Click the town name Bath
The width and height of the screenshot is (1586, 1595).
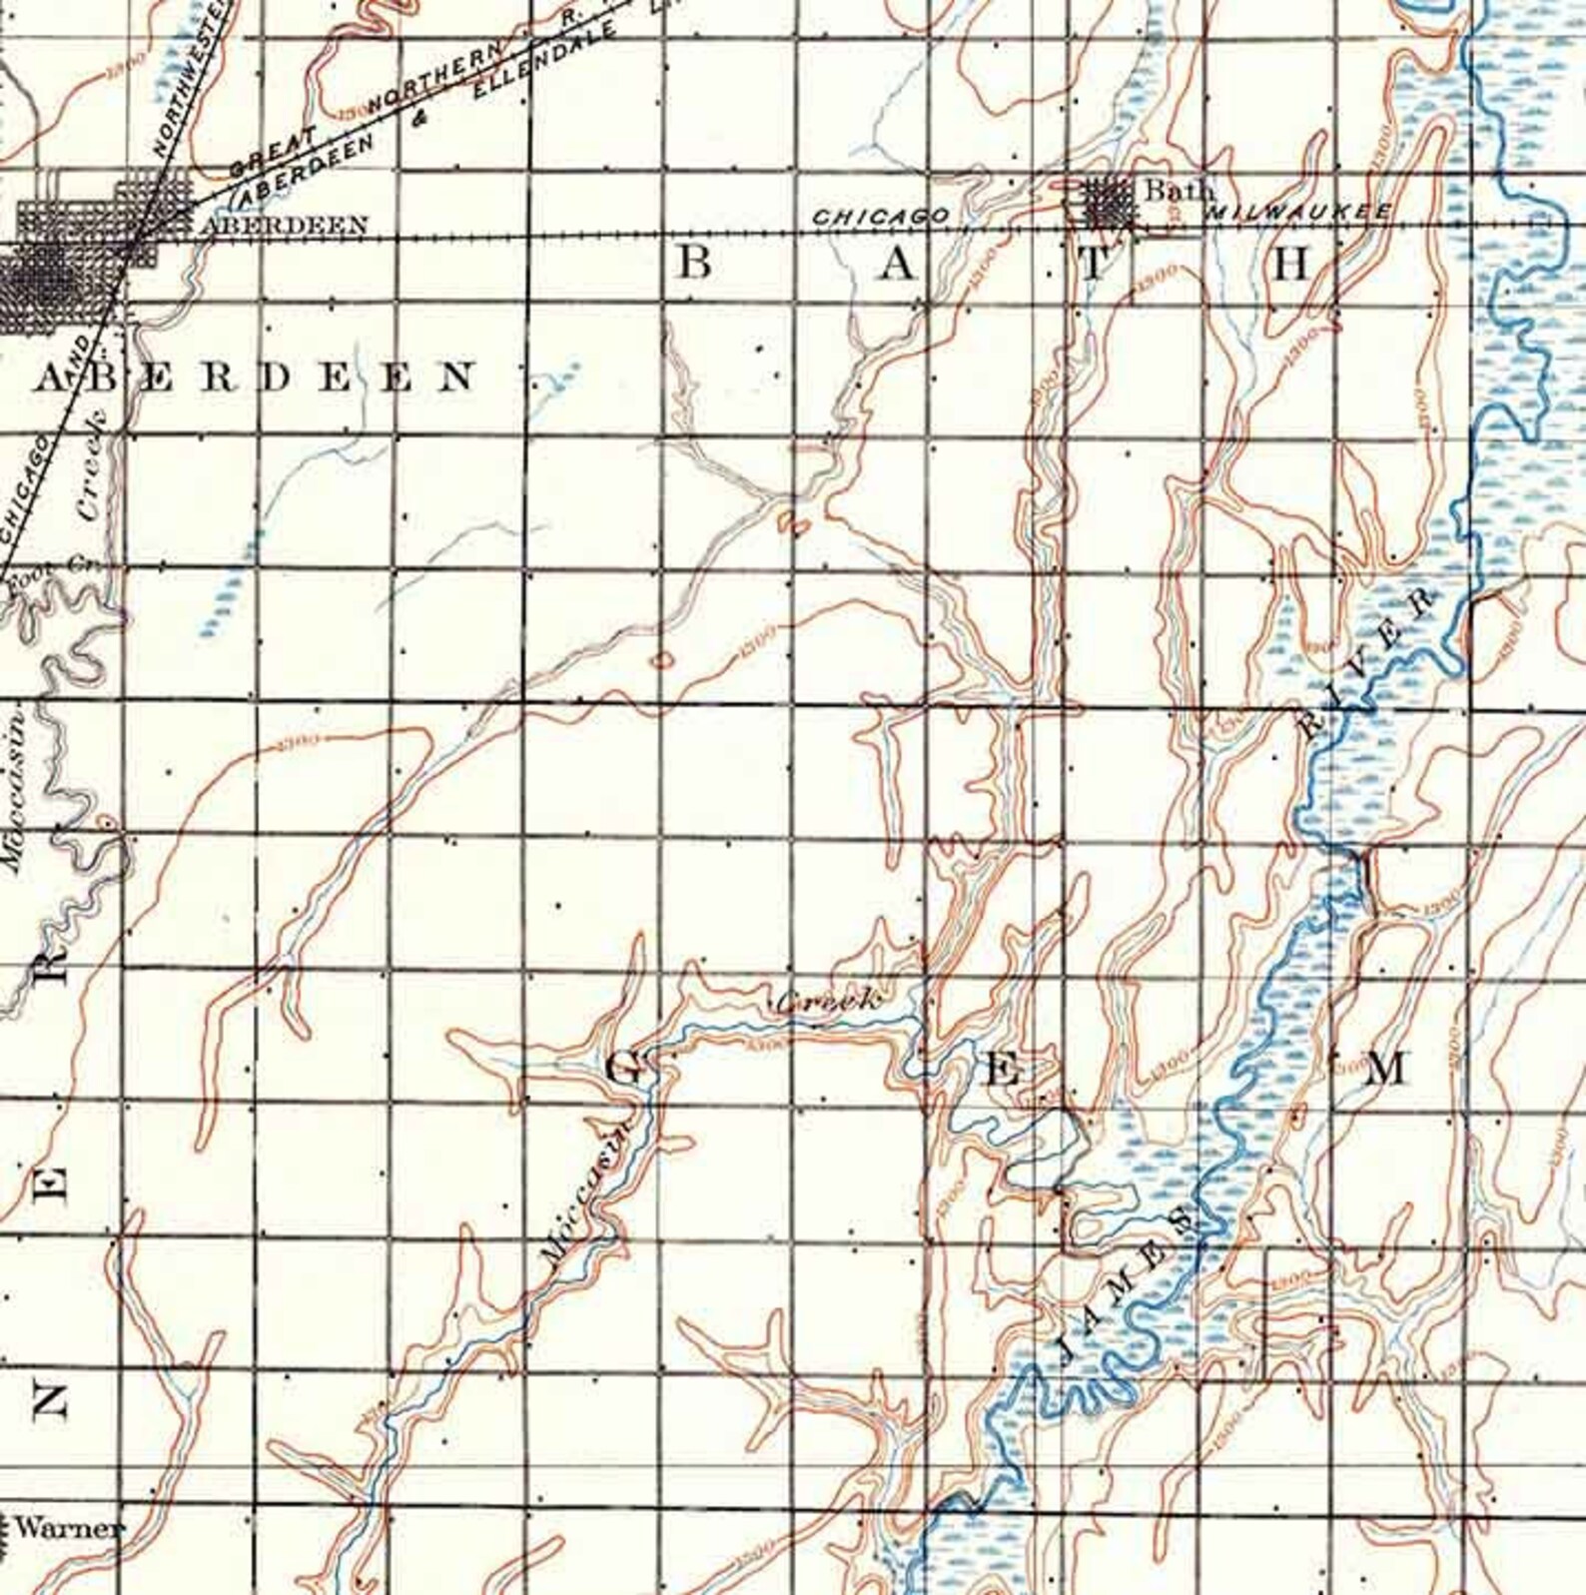tap(1179, 189)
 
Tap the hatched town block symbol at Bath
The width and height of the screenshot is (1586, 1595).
tap(1108, 205)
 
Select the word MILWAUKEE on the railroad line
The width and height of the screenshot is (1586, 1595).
tap(1300, 213)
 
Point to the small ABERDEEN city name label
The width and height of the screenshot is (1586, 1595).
tap(285, 226)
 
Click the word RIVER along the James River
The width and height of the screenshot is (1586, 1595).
tap(1366, 660)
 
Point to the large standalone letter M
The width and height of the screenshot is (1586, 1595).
tap(1385, 1069)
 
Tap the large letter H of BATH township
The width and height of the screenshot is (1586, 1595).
tap(1290, 265)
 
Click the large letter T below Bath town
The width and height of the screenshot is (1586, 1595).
tap(1094, 265)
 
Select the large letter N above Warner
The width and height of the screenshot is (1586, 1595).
tap(50, 1402)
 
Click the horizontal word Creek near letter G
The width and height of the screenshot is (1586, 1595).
tap(828, 1000)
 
